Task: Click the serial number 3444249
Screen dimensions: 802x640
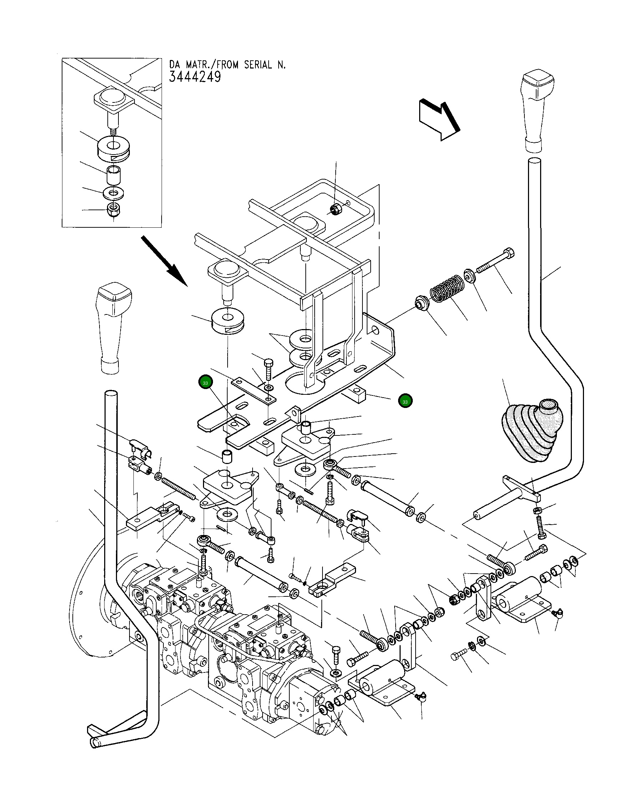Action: click(195, 77)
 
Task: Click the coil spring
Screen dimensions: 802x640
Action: click(446, 288)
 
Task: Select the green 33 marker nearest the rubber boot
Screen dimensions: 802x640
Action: click(405, 402)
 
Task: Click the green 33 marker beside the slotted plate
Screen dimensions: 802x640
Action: click(205, 382)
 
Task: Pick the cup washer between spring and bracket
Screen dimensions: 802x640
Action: click(422, 302)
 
